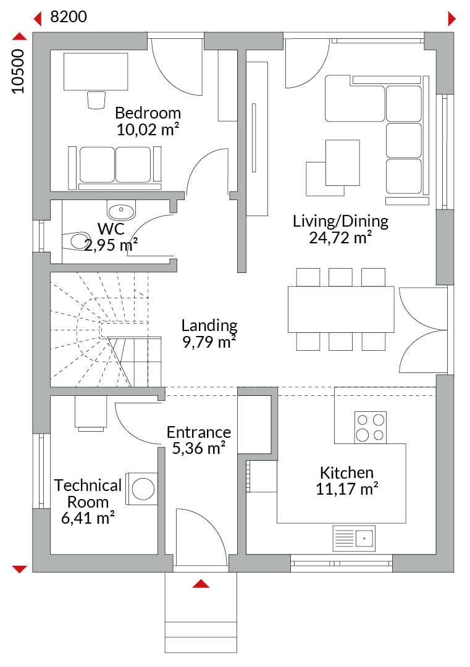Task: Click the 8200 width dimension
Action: [69, 17]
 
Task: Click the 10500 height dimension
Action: [18, 71]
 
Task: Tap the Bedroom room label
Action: [148, 113]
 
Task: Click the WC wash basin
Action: [121, 211]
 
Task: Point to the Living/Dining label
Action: [340, 222]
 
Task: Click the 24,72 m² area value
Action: [340, 238]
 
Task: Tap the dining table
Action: [341, 309]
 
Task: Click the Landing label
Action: [209, 326]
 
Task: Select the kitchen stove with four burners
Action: [371, 427]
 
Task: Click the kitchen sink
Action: [354, 539]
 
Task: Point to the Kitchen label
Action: [346, 472]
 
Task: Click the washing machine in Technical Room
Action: [141, 489]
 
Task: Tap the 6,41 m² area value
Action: [88, 519]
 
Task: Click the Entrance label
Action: [199, 432]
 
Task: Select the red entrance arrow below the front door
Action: [201, 584]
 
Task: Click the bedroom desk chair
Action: [96, 100]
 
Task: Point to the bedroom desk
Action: [96, 72]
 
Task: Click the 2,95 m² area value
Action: [111, 245]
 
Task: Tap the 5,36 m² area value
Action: [199, 448]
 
